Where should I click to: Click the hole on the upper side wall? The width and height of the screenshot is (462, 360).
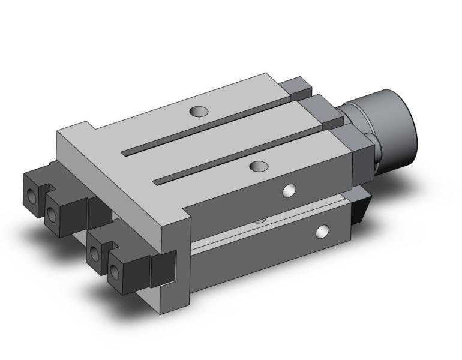tap(290, 190)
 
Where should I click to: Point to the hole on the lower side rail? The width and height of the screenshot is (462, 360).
tap(323, 230)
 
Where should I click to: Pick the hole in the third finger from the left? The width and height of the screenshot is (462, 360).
tap(94, 255)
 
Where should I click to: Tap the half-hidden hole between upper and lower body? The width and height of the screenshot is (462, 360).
tap(259, 219)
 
